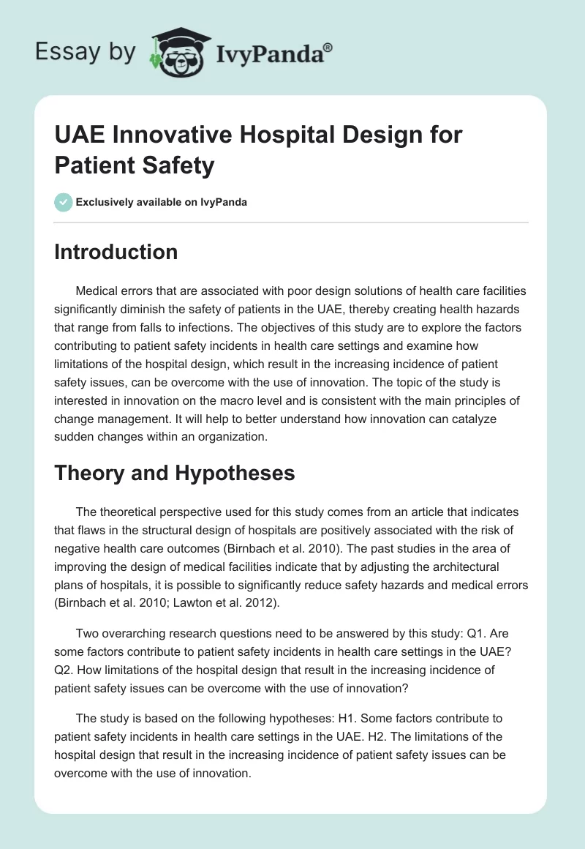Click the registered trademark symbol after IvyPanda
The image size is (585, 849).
click(328, 48)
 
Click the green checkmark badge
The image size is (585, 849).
click(64, 202)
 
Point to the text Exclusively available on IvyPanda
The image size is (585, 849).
click(161, 202)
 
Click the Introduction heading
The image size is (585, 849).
click(116, 252)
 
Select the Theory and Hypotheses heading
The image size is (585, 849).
click(174, 473)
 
